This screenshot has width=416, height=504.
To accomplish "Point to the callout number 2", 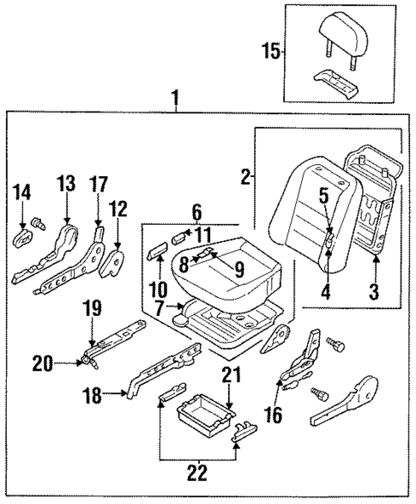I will [x=245, y=178].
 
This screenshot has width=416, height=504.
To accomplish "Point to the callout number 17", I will [x=99, y=185].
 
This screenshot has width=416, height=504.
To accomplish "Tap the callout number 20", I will [x=40, y=363].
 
